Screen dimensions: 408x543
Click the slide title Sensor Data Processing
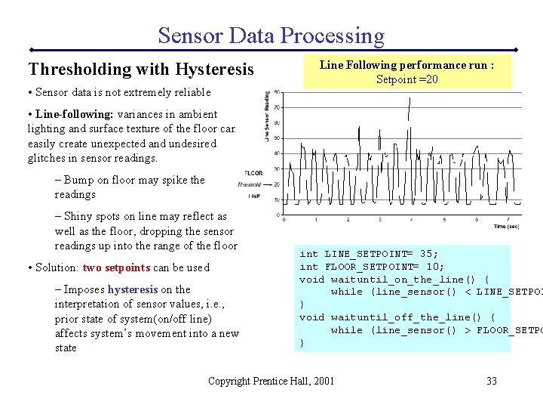click(x=271, y=36)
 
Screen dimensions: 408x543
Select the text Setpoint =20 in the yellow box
click(x=406, y=79)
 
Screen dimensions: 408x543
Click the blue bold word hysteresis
click(x=133, y=289)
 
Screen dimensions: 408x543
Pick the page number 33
click(x=491, y=381)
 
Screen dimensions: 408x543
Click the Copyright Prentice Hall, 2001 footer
click(x=271, y=381)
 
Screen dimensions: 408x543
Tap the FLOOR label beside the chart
click(x=254, y=173)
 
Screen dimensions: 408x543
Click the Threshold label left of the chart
click(x=250, y=184)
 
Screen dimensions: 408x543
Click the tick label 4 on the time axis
click(x=412, y=220)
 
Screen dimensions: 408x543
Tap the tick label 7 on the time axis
click(x=508, y=220)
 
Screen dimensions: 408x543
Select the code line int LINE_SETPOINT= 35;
click(x=369, y=254)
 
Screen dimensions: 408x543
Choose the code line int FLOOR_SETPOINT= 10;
click(x=372, y=267)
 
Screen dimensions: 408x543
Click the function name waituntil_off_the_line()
click(x=413, y=317)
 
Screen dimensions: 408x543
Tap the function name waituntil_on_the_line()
click(x=410, y=280)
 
